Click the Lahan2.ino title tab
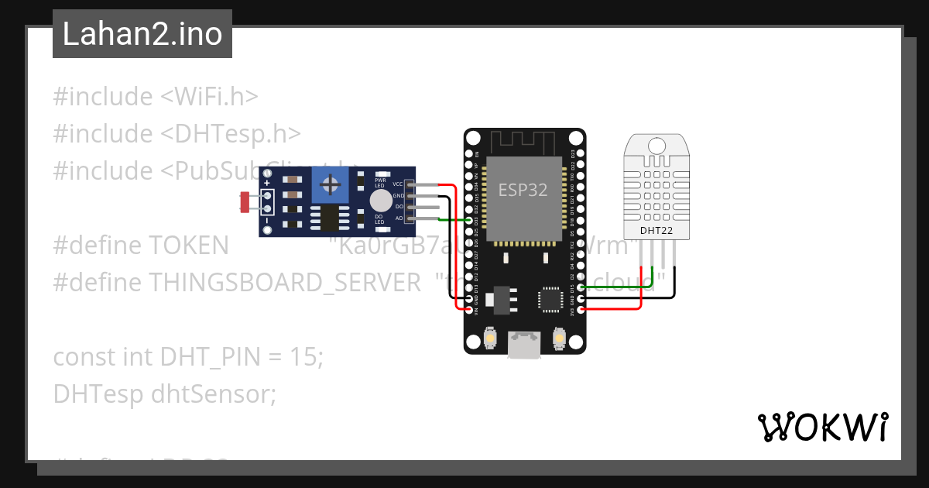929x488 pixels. [142, 34]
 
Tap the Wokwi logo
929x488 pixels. [822, 428]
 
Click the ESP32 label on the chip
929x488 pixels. [523, 191]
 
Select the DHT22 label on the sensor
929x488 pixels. [655, 230]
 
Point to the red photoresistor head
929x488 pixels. [245, 202]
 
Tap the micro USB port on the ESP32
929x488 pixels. [524, 345]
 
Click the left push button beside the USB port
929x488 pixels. [489, 339]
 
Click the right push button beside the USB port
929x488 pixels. [559, 339]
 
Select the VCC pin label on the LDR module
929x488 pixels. [398, 184]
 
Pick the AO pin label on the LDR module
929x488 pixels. [399, 218]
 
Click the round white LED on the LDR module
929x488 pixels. [379, 201]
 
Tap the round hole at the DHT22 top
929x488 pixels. [656, 145]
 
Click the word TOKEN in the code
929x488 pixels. [187, 246]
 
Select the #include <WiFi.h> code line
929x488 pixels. [155, 97]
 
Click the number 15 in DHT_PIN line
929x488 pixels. [306, 357]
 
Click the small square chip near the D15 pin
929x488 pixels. [550, 299]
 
